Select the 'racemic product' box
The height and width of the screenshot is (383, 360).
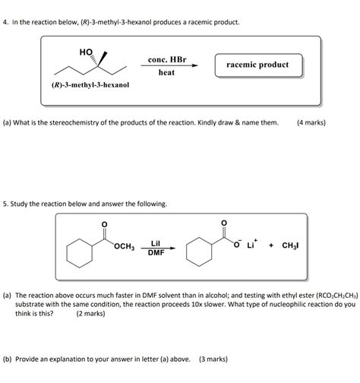[x=257, y=65]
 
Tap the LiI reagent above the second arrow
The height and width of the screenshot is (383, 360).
[x=155, y=241]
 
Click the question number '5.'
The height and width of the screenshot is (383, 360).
[x=8, y=204]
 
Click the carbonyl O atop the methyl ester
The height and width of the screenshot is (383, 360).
[x=104, y=223]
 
